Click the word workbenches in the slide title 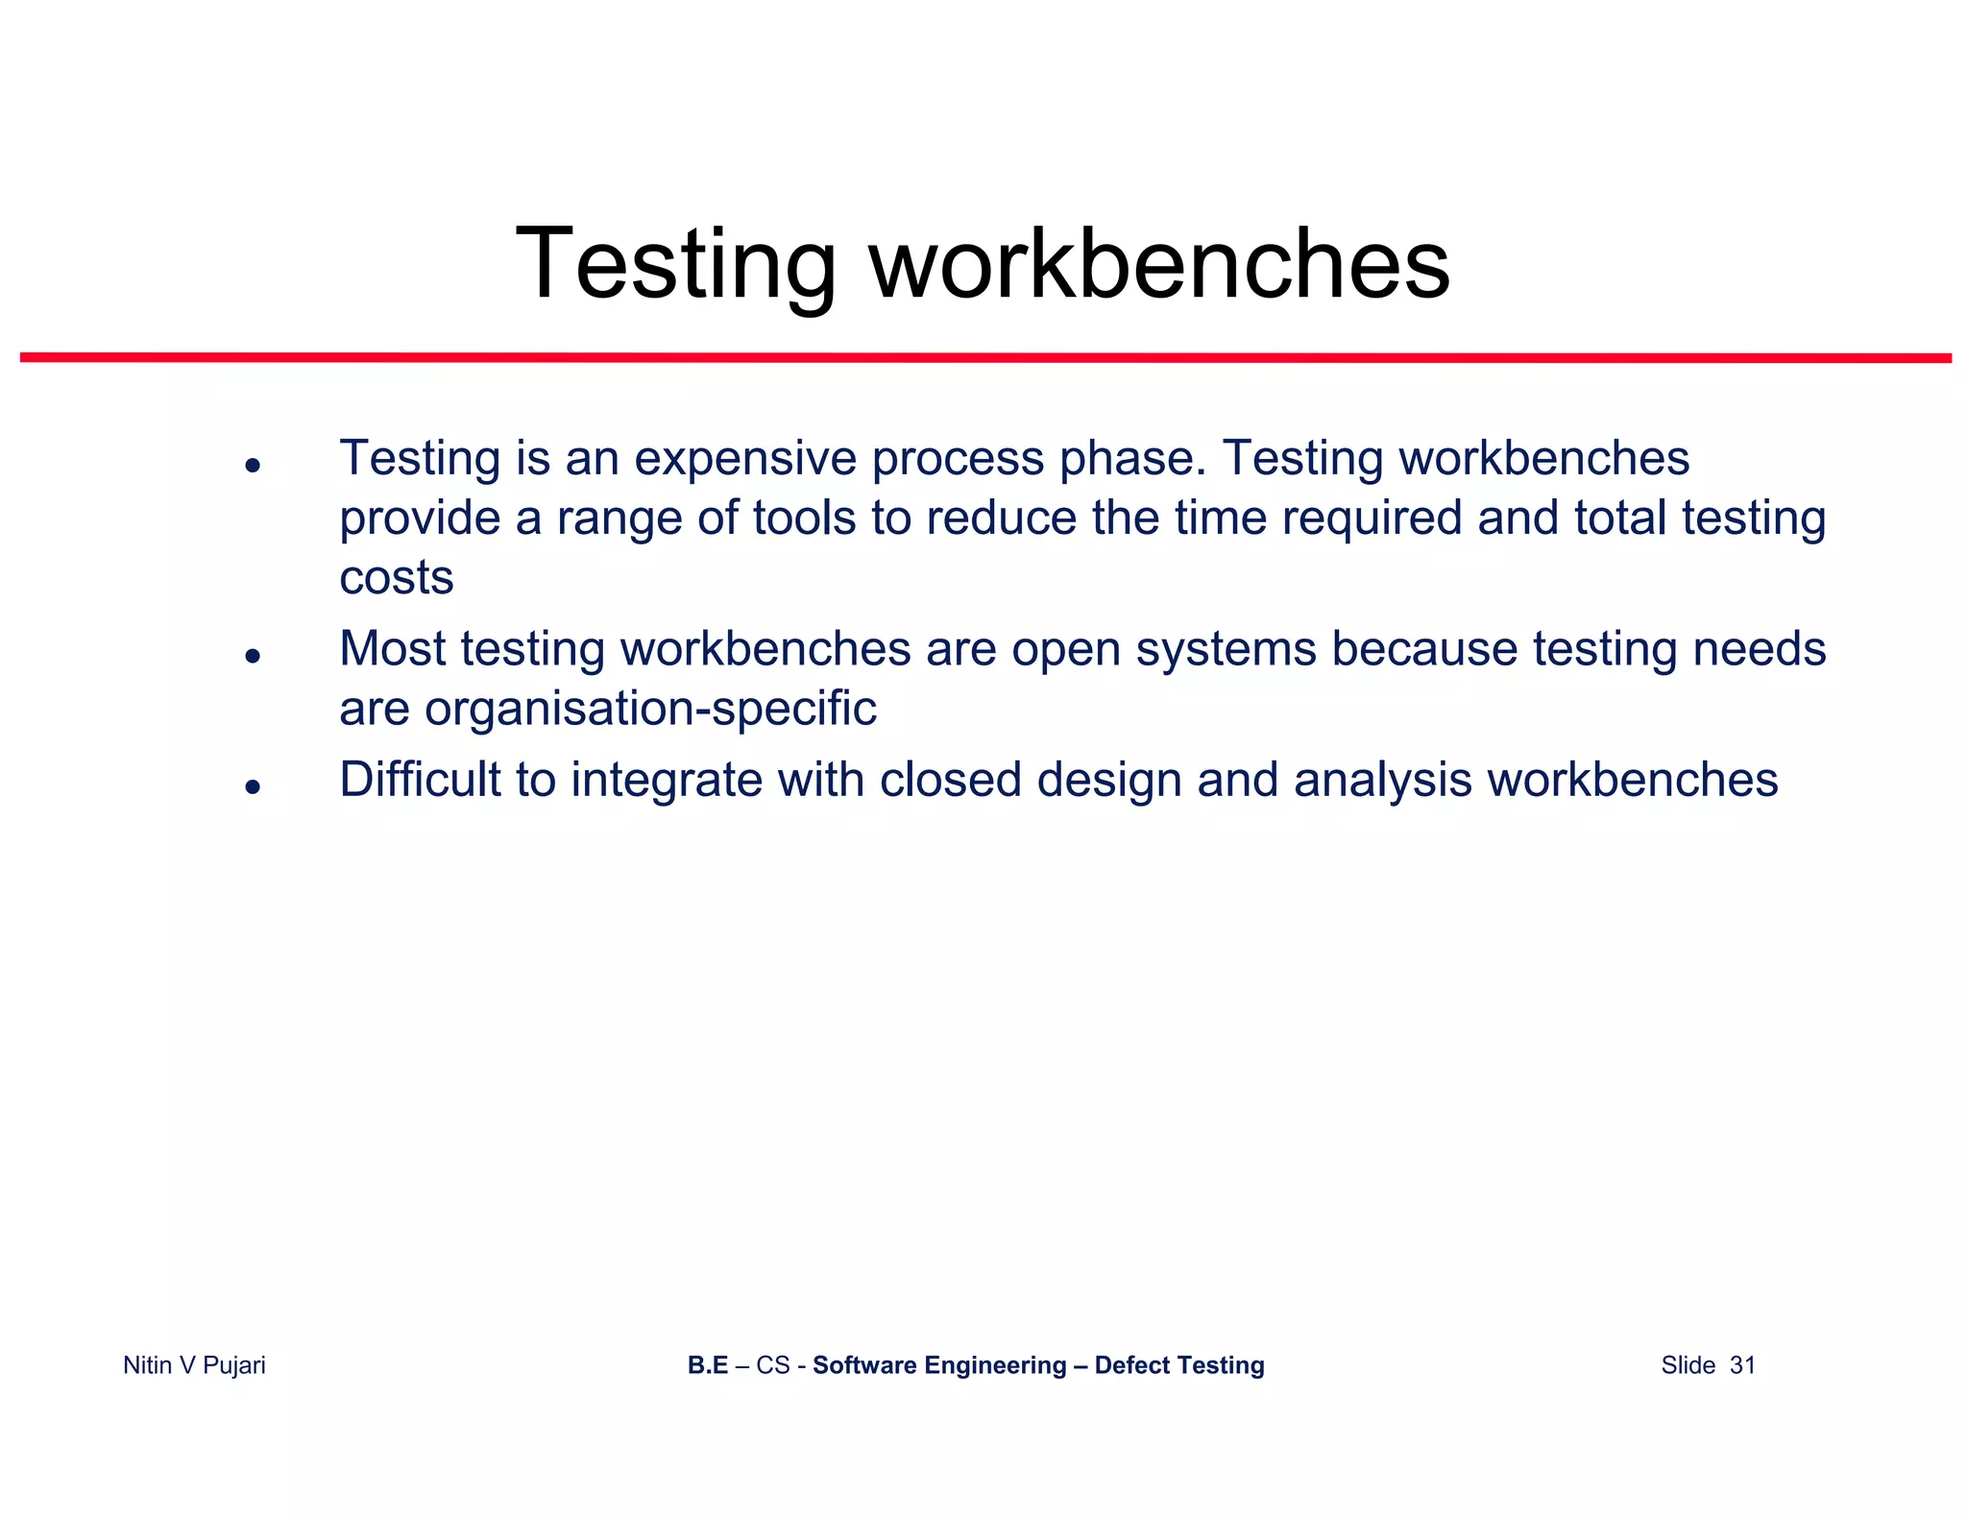[x=1159, y=264]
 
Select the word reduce [x=1001, y=518]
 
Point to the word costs [x=396, y=578]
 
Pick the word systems [x=1226, y=650]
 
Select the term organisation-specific [x=650, y=710]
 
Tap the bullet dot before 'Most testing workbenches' [x=253, y=656]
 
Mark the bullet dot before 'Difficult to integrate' [x=253, y=787]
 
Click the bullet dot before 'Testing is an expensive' [x=253, y=466]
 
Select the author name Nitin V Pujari [x=194, y=1365]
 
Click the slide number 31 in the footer [x=1742, y=1365]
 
